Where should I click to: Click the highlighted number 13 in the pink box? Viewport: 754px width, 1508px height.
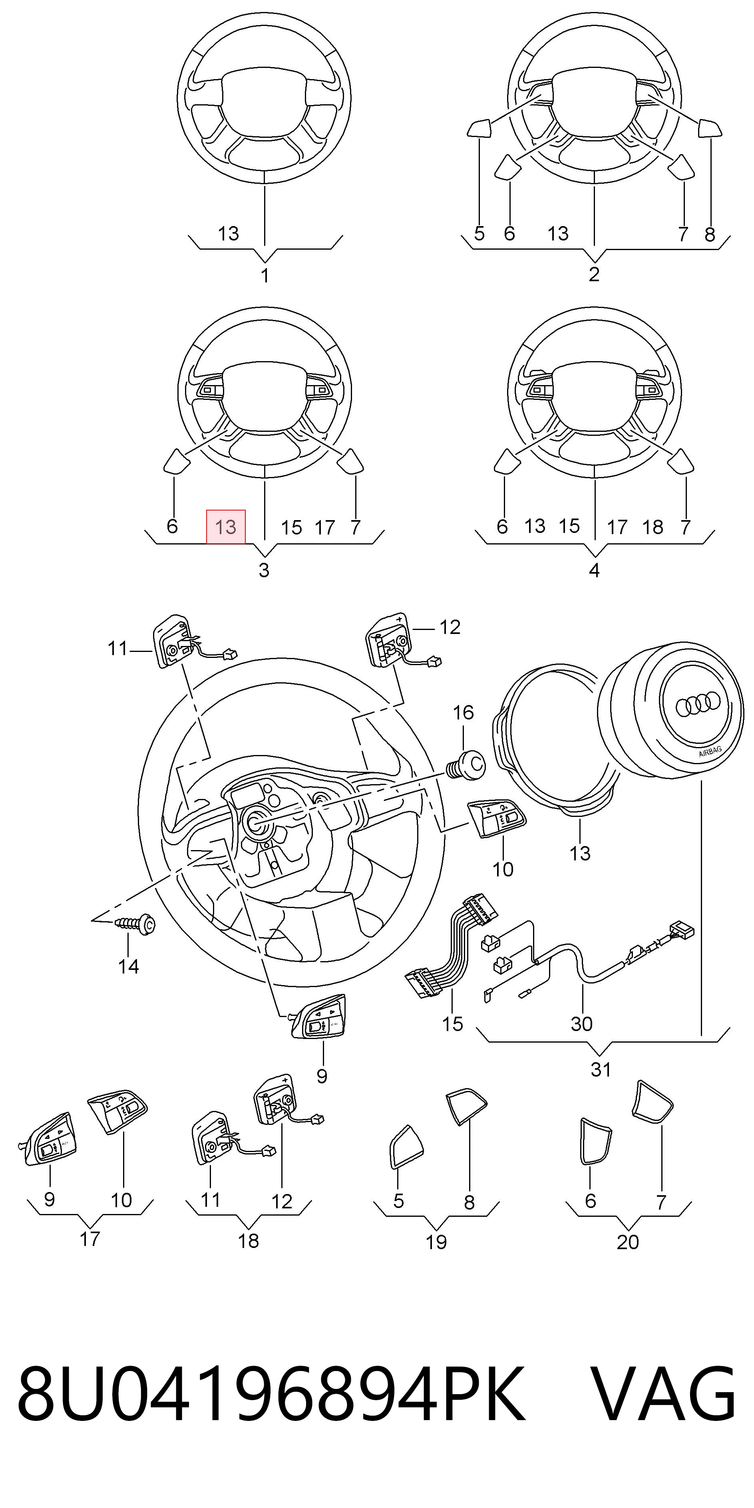coord(225,527)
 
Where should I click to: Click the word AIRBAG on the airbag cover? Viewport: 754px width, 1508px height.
coord(710,752)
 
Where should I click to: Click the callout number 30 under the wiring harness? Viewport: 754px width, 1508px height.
coord(581,1023)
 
